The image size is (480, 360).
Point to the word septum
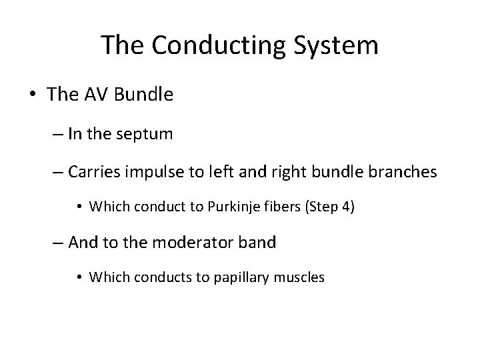tap(144, 134)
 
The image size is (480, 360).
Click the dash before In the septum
tap(57, 134)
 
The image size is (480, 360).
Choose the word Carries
tap(95, 172)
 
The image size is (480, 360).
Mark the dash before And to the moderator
tap(57, 243)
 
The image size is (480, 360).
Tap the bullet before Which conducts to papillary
tap(80, 277)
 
